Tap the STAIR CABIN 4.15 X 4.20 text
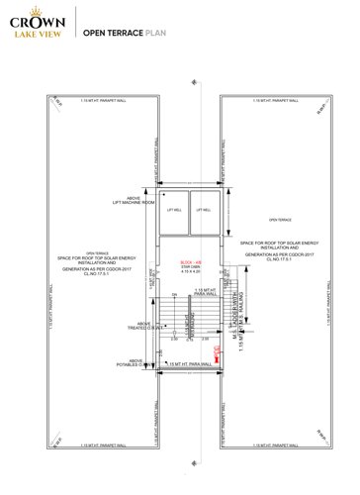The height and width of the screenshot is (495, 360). click(x=180, y=269)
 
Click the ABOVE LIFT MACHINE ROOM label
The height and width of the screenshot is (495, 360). click(x=135, y=201)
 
